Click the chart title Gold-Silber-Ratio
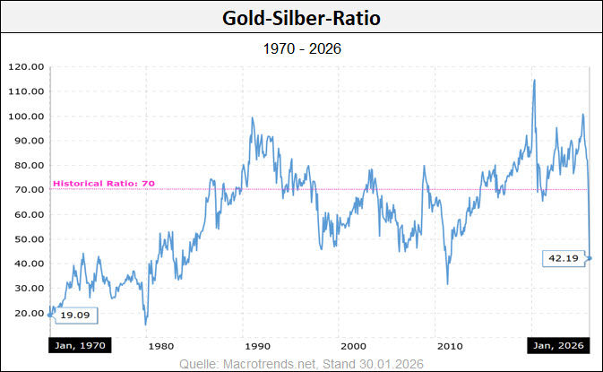tap(301, 17)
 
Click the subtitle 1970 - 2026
tap(301, 48)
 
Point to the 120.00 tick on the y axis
tap(25, 66)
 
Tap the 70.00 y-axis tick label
tap(25, 190)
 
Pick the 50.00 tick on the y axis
tap(25, 239)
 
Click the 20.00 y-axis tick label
tap(25, 313)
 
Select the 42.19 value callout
tap(562, 258)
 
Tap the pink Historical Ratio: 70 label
tap(104, 184)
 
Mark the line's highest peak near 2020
tap(535, 80)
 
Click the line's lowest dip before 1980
tap(145, 324)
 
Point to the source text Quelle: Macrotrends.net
tap(249, 362)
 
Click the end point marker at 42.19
tap(590, 258)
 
